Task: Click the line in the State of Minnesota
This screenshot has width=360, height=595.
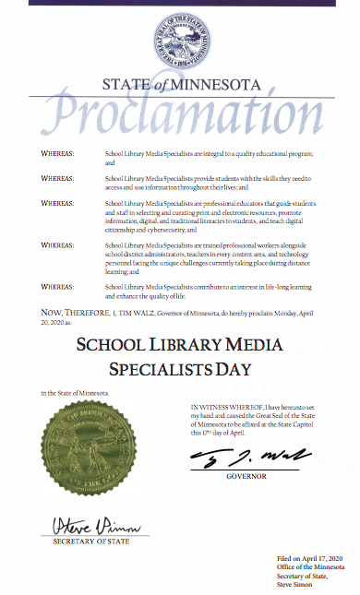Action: pyautogui.click(x=75, y=394)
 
